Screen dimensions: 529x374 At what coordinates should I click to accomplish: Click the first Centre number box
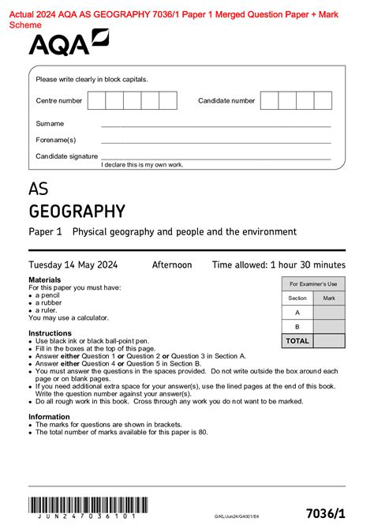click(x=96, y=100)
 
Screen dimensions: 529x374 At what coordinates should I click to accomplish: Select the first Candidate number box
click(x=269, y=100)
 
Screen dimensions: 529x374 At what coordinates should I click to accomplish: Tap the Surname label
click(x=50, y=124)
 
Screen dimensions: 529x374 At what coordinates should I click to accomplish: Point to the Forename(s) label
click(x=55, y=140)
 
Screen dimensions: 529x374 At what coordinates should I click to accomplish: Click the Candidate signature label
click(x=66, y=156)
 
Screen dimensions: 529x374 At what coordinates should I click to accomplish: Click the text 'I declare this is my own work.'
click(x=142, y=164)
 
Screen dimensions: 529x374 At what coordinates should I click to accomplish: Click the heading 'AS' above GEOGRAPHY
click(x=38, y=189)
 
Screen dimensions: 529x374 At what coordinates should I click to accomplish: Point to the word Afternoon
click(x=171, y=265)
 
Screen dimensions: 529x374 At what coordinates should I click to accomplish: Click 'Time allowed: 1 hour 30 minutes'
click(x=279, y=265)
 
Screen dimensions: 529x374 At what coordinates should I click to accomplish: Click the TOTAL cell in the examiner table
click(x=297, y=340)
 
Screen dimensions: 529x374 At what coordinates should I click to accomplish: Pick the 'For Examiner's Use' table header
click(x=312, y=283)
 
